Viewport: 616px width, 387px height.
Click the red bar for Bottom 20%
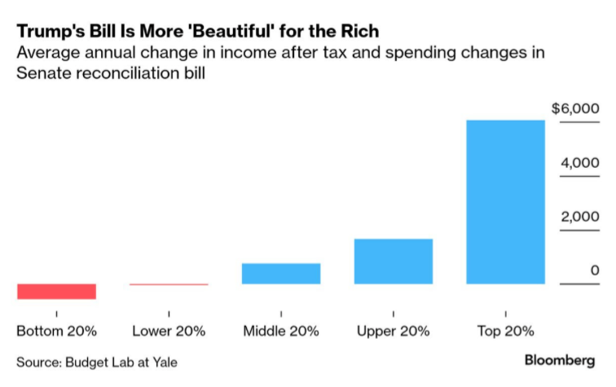(56, 291)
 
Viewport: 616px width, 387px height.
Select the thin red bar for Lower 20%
(169, 284)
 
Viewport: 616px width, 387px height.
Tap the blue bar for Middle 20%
(281, 273)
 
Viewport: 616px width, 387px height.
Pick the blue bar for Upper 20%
(394, 261)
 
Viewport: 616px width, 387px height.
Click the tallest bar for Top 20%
(505, 201)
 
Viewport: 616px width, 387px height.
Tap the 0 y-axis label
(595, 270)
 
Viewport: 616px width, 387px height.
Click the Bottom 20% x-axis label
(56, 332)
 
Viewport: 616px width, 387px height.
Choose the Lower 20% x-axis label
(169, 332)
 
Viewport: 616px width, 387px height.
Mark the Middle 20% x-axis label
(281, 332)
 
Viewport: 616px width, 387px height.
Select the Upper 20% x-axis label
(394, 332)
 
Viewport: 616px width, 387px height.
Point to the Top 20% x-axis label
(505, 332)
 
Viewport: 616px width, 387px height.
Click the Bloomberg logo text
(559, 360)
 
